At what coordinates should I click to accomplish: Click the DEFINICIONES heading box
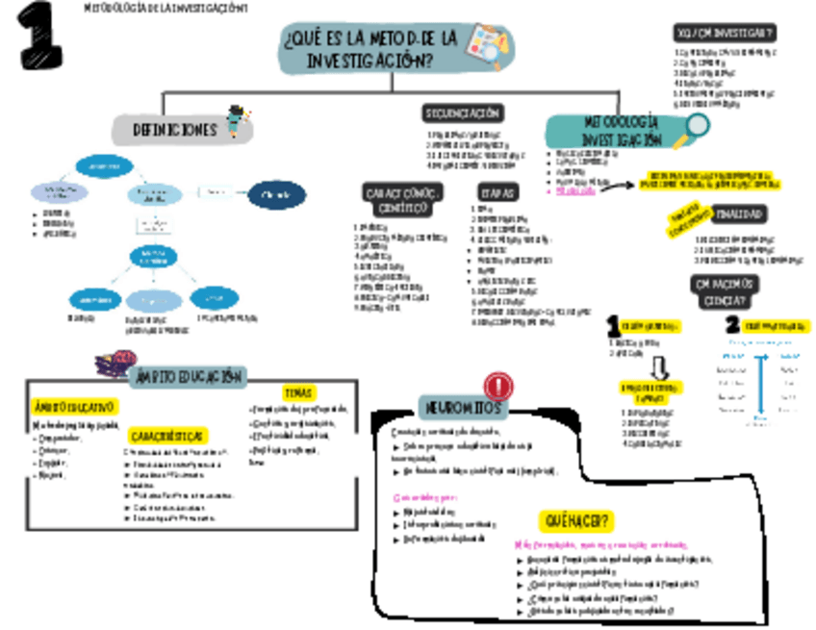[x=174, y=130]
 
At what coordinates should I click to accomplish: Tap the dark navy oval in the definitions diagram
[x=276, y=195]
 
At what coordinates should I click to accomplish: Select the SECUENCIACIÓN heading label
[x=463, y=113]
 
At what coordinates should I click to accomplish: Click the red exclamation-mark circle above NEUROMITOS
[x=497, y=387]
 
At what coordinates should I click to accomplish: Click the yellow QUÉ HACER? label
[x=577, y=521]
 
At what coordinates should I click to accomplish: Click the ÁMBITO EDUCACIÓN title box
[x=188, y=376]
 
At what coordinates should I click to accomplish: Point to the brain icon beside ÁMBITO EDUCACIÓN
[x=114, y=365]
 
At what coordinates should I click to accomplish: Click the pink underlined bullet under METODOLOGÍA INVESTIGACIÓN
[x=576, y=190]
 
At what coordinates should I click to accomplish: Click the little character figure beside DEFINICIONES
[x=237, y=122]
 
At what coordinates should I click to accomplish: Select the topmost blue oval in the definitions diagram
[x=97, y=166]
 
